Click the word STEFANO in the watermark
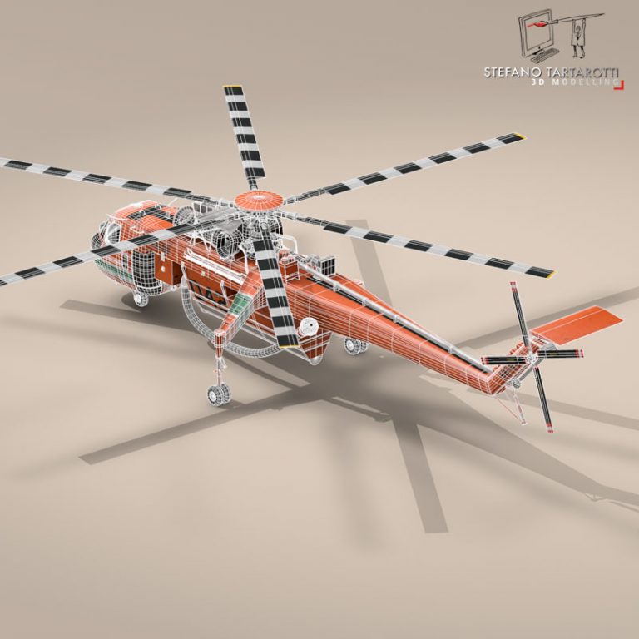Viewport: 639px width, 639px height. [x=510, y=72]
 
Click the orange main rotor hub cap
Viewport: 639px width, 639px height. [x=257, y=199]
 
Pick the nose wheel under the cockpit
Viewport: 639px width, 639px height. [x=141, y=298]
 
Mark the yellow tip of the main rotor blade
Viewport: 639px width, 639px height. [x=518, y=135]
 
